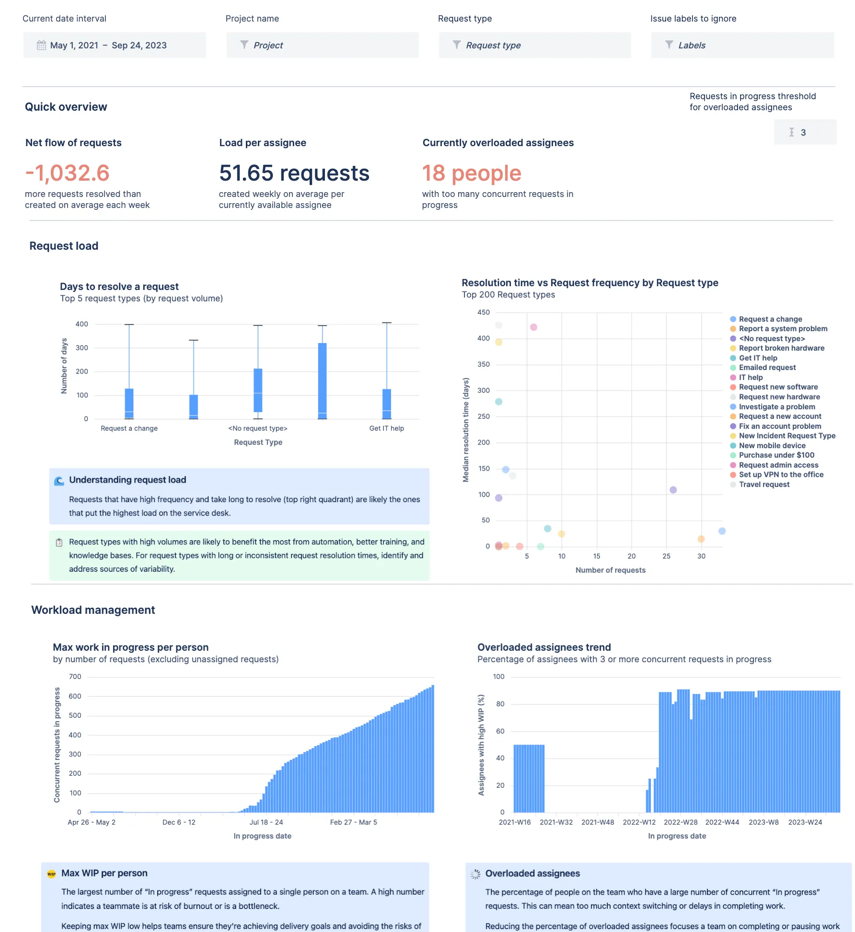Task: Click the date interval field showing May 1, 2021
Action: pyautogui.click(x=114, y=45)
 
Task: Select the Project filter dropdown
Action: pyautogui.click(x=322, y=45)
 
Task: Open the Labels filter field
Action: pyautogui.click(x=742, y=45)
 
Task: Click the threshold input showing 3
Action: pyautogui.click(x=805, y=132)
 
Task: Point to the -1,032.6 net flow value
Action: pyautogui.click(x=68, y=173)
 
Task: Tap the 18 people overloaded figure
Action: pyautogui.click(x=471, y=173)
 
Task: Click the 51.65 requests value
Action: pyautogui.click(x=294, y=173)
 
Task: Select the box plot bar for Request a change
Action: pyautogui.click(x=129, y=403)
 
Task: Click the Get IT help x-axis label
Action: pyautogui.click(x=386, y=428)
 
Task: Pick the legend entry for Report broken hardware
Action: pyautogui.click(x=781, y=348)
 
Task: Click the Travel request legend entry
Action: pyautogui.click(x=764, y=484)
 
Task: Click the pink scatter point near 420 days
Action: pyautogui.click(x=533, y=327)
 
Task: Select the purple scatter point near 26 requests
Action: pyautogui.click(x=673, y=490)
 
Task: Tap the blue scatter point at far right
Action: pyautogui.click(x=722, y=531)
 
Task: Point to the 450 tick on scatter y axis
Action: pyautogui.click(x=484, y=312)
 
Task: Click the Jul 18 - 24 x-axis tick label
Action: pyautogui.click(x=266, y=822)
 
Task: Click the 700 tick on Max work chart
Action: pyautogui.click(x=75, y=677)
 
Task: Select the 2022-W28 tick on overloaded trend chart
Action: pyautogui.click(x=680, y=822)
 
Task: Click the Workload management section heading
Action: pyautogui.click(x=93, y=610)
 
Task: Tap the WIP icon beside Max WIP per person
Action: pyautogui.click(x=51, y=874)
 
